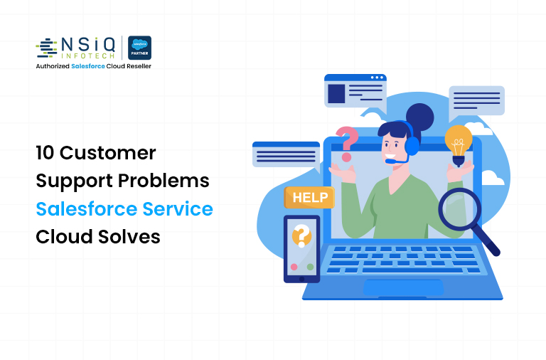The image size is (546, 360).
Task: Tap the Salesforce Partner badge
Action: [139, 48]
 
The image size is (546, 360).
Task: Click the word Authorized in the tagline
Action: [58, 66]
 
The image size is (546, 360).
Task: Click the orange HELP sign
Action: [309, 198]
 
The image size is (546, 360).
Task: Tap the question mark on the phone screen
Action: [302, 234]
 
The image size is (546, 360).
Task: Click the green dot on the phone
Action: [310, 267]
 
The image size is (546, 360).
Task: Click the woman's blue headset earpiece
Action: [412, 145]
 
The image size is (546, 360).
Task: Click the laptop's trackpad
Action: [404, 287]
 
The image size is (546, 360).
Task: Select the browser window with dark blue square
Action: [355, 90]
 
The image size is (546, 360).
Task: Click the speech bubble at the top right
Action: [476, 100]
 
